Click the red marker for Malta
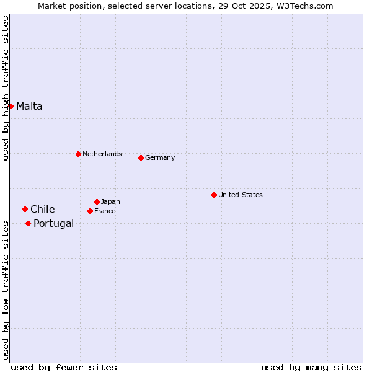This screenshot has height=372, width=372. point(11,106)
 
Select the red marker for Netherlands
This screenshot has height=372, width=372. point(78,154)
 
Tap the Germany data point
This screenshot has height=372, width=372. point(141,157)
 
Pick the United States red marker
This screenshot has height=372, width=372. point(214,195)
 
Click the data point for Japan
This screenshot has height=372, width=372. point(97,201)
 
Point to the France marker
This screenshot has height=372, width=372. point(90,211)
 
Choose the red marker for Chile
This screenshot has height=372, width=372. point(25,209)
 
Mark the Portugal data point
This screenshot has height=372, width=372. point(28,223)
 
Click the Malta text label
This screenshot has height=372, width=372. point(29,106)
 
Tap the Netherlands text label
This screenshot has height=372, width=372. point(102,154)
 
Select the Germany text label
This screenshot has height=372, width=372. point(160,157)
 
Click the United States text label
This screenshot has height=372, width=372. point(241,195)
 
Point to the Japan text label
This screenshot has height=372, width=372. point(110,201)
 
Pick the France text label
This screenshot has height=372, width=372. point(105,211)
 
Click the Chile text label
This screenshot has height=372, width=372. point(43,209)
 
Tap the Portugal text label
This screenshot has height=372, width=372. point(53,223)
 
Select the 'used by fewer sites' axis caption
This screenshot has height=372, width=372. point(63,367)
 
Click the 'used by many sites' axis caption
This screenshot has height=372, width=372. point(311,367)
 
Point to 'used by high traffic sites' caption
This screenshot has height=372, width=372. point(6,88)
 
